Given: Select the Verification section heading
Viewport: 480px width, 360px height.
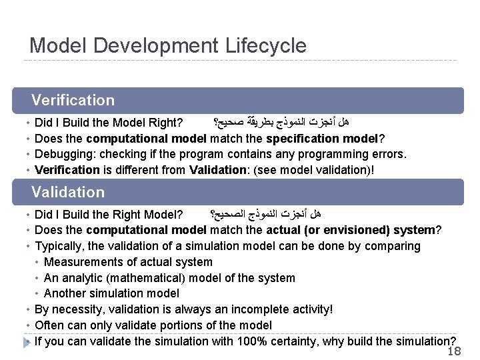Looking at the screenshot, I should click(x=73, y=101).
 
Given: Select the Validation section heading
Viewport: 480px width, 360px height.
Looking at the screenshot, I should click(x=68, y=192).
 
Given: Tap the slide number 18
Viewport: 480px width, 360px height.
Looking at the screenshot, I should click(x=454, y=351).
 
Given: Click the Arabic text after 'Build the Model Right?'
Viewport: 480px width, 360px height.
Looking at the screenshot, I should click(x=281, y=123).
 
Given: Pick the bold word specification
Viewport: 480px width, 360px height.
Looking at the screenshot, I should click(x=301, y=139).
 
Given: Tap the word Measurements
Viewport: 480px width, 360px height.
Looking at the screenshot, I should click(x=85, y=262).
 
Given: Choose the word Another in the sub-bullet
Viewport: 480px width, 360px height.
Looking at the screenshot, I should click(x=65, y=293).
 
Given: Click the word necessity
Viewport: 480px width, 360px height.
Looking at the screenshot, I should click(x=76, y=309).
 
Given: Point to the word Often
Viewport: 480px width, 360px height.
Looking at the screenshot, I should click(x=47, y=325).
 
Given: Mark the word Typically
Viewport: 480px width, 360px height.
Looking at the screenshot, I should click(x=58, y=246).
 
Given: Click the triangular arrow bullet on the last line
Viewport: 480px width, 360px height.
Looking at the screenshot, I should click(x=27, y=342).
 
